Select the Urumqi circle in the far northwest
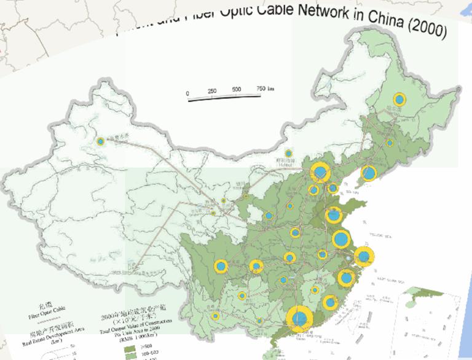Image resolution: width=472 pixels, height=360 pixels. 100,141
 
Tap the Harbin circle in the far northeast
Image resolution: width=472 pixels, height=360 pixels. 400,100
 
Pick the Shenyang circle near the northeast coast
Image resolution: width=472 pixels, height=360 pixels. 368,174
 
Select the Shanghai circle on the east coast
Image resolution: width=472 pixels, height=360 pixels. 364,256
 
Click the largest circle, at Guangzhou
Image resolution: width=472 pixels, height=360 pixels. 299,319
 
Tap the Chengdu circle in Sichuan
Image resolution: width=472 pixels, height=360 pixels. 221,266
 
